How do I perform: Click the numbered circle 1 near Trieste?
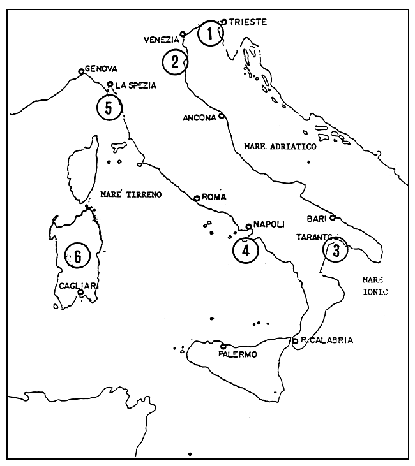[211, 34]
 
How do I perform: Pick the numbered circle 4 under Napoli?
[245, 250]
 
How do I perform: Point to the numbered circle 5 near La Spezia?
[109, 107]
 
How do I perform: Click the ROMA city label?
[214, 198]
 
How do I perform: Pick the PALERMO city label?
[237, 355]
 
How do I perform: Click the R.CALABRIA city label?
[327, 340]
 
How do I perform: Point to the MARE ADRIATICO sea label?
[280, 146]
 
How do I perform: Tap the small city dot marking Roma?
[197, 198]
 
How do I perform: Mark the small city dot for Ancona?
[222, 116]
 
